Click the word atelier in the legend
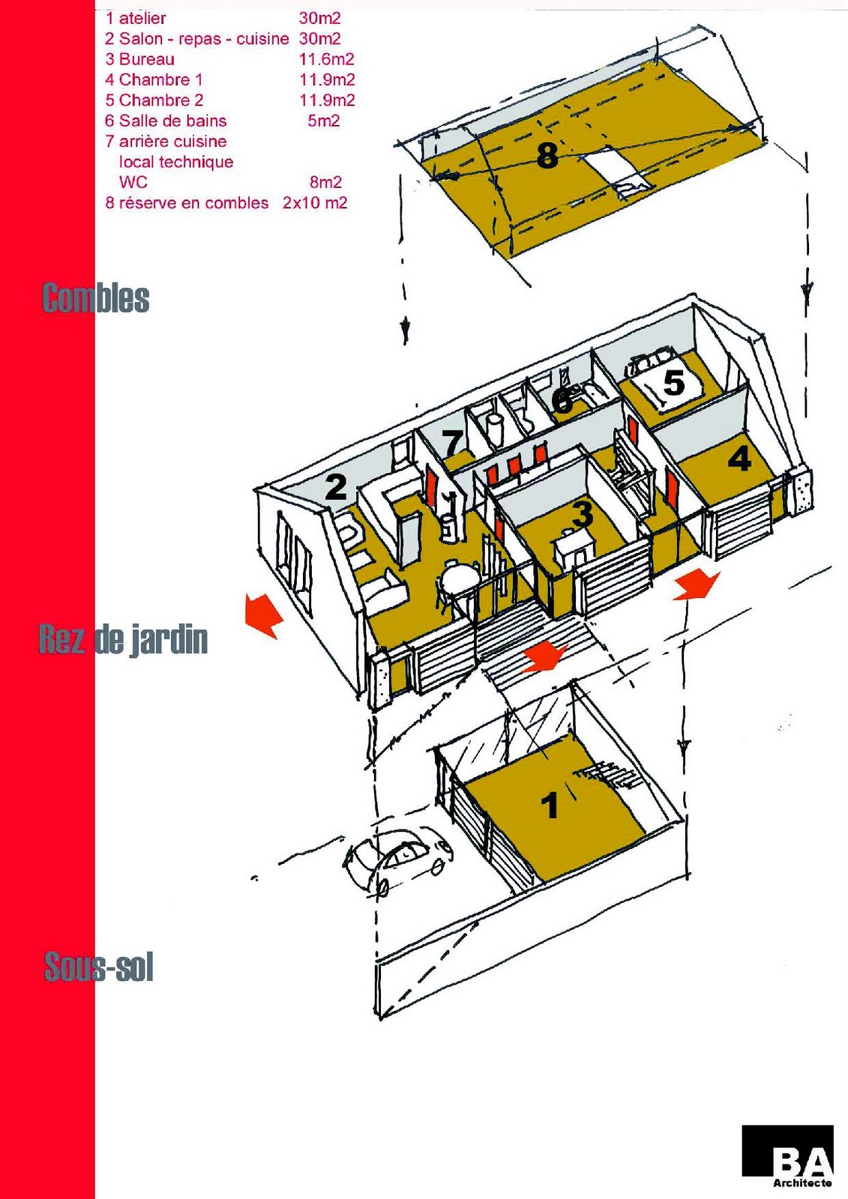coord(142,18)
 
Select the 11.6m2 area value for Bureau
coord(326,59)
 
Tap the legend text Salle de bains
coord(172,121)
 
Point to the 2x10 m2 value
coord(315,203)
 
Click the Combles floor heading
coord(95,298)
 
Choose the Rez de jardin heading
coord(123,640)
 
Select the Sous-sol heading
coord(99,967)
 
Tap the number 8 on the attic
coord(548,156)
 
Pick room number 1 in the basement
coord(550,806)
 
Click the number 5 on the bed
coord(674,383)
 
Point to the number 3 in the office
coord(583,514)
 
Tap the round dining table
coord(460,579)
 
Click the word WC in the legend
coord(133,182)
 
